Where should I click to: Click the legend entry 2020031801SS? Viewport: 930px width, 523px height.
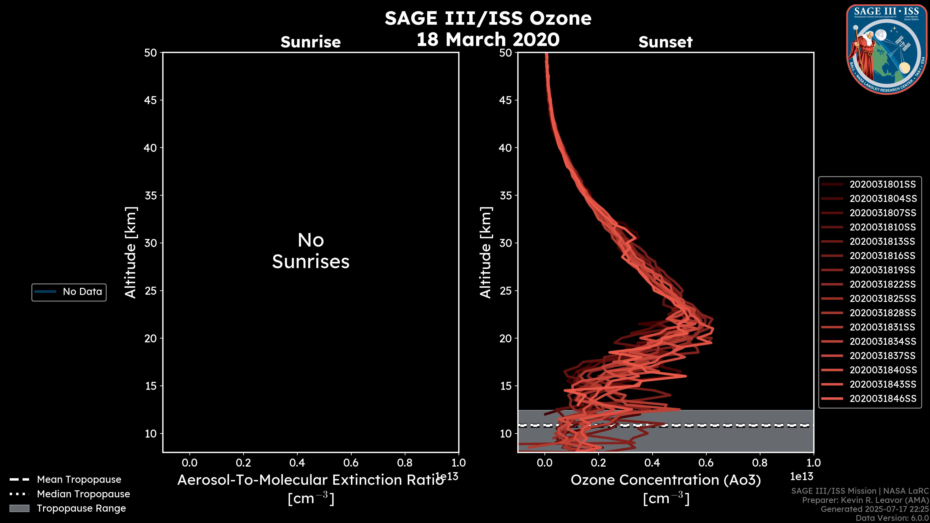pyautogui.click(x=882, y=185)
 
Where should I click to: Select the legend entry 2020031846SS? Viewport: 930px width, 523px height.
pyautogui.click(x=882, y=399)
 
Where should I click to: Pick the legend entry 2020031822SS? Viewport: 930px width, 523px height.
pyautogui.click(x=882, y=285)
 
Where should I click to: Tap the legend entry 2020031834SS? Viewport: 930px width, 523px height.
pyautogui.click(x=882, y=341)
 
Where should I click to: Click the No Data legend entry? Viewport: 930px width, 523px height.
pyautogui.click(x=82, y=292)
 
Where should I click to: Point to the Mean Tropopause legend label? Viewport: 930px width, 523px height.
pyautogui.click(x=79, y=479)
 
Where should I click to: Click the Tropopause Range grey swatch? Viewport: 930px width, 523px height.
pyautogui.click(x=19, y=508)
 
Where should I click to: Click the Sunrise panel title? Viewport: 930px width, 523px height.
pyautogui.click(x=310, y=42)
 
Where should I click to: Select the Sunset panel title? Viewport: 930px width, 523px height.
pyautogui.click(x=665, y=42)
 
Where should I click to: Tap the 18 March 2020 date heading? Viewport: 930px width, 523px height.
pyautogui.click(x=488, y=39)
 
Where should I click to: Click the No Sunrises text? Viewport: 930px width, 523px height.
pyautogui.click(x=310, y=251)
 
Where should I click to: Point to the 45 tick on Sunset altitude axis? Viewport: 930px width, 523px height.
pyautogui.click(x=505, y=100)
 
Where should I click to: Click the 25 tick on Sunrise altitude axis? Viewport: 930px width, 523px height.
pyautogui.click(x=151, y=291)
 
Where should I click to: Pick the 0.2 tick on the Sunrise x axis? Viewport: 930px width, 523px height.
pyautogui.click(x=243, y=463)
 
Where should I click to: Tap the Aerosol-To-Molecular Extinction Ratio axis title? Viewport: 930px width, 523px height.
pyautogui.click(x=310, y=480)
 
